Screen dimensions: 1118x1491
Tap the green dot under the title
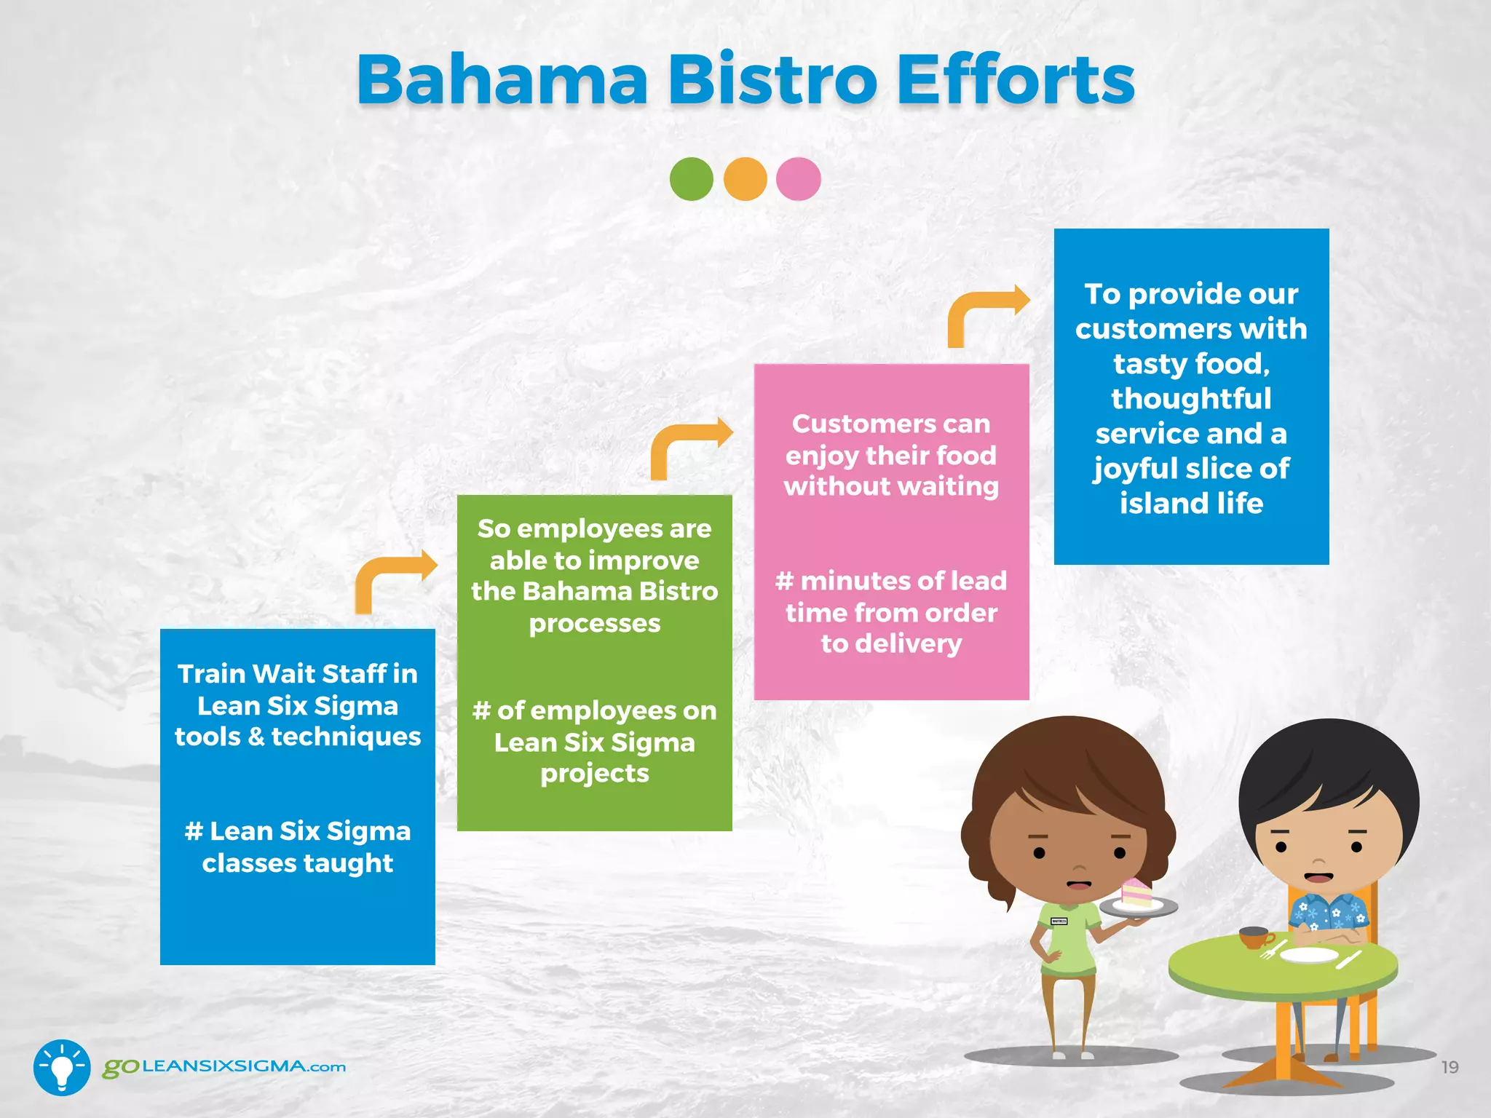[x=691, y=179]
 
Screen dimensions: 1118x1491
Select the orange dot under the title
[x=745, y=179]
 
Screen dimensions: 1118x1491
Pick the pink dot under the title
[x=799, y=179]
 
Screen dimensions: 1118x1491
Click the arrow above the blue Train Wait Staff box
[x=394, y=579]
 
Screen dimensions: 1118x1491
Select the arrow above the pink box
[x=986, y=313]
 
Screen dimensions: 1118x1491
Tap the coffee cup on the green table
[x=1254, y=937]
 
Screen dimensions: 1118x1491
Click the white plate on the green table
[x=1308, y=955]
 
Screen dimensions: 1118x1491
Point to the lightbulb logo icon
[x=62, y=1067]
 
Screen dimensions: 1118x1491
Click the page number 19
[x=1450, y=1067]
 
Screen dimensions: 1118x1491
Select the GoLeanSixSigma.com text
[x=224, y=1067]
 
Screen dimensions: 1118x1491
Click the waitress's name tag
[x=1059, y=921]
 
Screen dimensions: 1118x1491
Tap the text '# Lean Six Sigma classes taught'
[x=298, y=847]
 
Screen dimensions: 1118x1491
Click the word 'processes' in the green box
[x=595, y=624]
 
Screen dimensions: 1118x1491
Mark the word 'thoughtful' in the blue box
[x=1191, y=399]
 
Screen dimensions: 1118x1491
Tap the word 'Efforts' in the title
[x=1015, y=80]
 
